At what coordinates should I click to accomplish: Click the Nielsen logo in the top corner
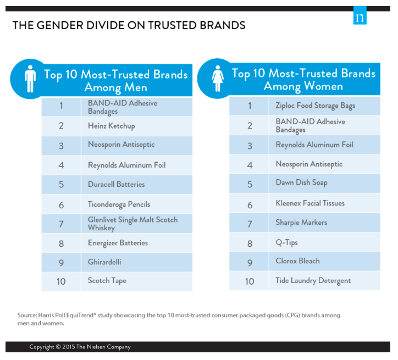pos(360,17)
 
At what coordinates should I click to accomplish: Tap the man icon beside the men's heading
pos(30,80)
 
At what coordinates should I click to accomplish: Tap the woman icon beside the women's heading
pos(218,80)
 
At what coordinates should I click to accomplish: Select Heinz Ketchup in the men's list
pos(111,126)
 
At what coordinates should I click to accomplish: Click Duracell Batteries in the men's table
pos(116,184)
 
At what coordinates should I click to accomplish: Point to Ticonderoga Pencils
pos(119,204)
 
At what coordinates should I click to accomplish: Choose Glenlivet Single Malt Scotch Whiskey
pos(132,223)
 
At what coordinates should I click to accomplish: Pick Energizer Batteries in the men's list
pos(118,243)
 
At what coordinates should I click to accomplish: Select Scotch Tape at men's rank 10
pos(107,281)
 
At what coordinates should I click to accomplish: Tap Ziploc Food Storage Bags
pos(315,106)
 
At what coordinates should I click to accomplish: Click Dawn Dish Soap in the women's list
pos(301,182)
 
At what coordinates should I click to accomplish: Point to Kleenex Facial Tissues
pos(310,203)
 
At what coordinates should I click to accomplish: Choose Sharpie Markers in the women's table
pos(301,223)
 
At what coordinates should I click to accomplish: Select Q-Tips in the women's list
pos(286,242)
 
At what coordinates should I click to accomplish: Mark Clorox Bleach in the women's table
pos(297,261)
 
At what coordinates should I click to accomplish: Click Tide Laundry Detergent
pos(313,281)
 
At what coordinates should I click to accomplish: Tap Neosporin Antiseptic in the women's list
pos(309,164)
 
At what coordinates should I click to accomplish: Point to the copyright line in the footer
pos(80,347)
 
